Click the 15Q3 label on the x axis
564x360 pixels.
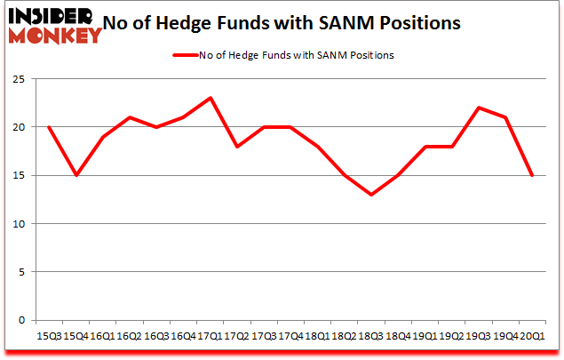pos(48,336)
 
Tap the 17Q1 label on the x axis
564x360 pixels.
pos(209,336)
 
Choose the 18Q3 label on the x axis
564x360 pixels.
pos(370,336)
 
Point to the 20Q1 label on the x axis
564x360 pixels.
pos(532,336)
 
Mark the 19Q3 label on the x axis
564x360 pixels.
pos(478,336)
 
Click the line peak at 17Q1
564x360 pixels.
pos(209,98)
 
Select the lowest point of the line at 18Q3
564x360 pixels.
pos(370,195)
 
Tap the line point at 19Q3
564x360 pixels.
pos(478,108)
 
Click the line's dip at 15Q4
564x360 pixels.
pos(75,175)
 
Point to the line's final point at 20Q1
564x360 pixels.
pos(532,175)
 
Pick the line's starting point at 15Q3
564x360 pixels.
pos(48,127)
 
